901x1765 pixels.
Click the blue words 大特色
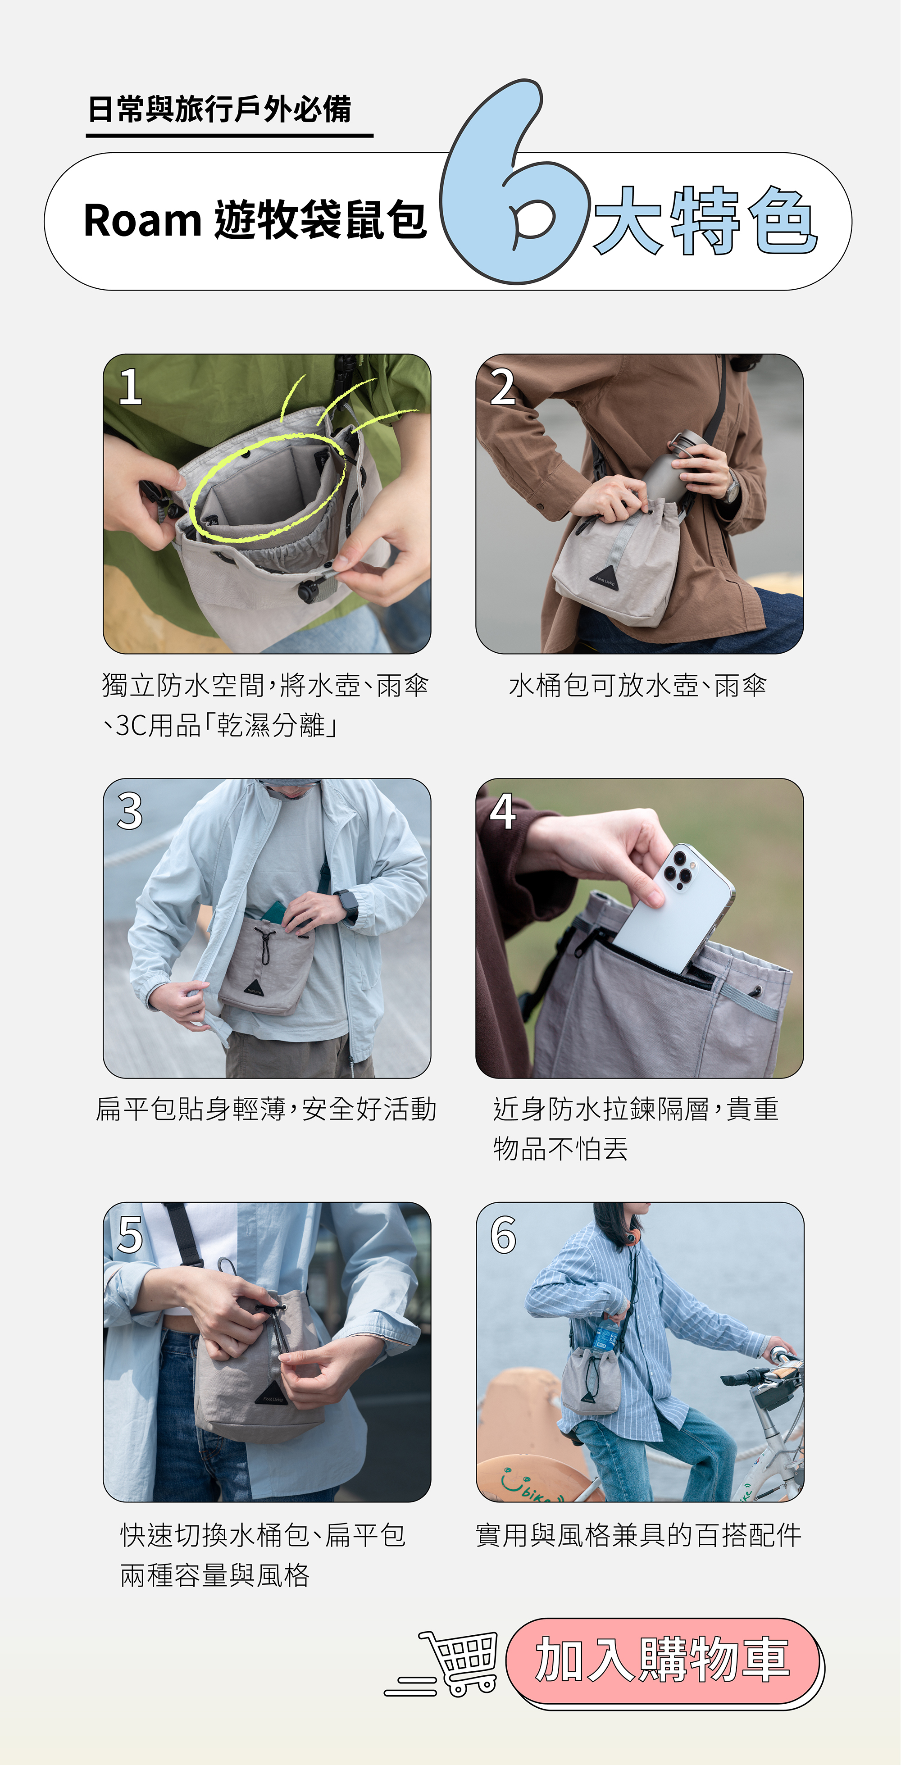point(706,221)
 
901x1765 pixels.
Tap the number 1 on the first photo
point(130,387)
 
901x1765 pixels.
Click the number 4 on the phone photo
point(502,812)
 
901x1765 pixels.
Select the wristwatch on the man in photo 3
point(347,905)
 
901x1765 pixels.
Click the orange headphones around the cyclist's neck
point(632,1235)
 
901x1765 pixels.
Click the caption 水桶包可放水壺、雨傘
point(637,685)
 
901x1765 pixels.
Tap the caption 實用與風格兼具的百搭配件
point(638,1535)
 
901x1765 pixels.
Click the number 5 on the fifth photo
point(130,1235)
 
